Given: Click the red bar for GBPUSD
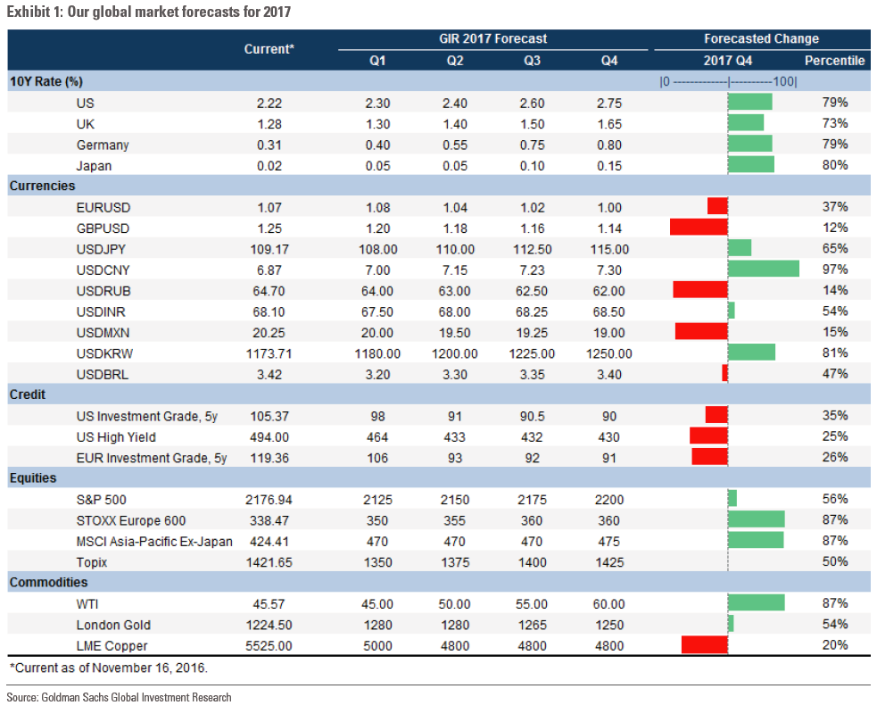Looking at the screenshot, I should pyautogui.click(x=699, y=227).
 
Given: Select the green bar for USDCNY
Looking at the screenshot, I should pyautogui.click(x=764, y=269).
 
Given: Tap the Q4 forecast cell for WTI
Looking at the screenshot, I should pyautogui.click(x=608, y=604).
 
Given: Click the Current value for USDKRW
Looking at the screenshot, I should pyautogui.click(x=269, y=353).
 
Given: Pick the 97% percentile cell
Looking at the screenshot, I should pyautogui.click(x=834, y=269).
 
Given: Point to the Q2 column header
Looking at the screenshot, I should pyautogui.click(x=455, y=61).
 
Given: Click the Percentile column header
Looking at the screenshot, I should pyautogui.click(x=834, y=61).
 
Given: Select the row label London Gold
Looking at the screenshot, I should pyautogui.click(x=113, y=625).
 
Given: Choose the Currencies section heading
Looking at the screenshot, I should pyautogui.click(x=42, y=186).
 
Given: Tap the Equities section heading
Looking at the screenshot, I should pyautogui.click(x=33, y=477).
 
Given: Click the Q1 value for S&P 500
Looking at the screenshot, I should pyautogui.click(x=378, y=499).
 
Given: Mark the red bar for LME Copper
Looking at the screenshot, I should pyautogui.click(x=705, y=645).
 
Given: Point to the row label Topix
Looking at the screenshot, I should pyautogui.click(x=92, y=561).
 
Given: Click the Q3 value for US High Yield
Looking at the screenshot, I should pyautogui.click(x=533, y=436).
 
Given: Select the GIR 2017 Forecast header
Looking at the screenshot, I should pyautogui.click(x=493, y=38).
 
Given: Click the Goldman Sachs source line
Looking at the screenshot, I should pyautogui.click(x=119, y=697).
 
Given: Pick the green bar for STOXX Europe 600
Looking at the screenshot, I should pyautogui.click(x=757, y=519).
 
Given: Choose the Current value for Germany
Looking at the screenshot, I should pyautogui.click(x=269, y=145).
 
